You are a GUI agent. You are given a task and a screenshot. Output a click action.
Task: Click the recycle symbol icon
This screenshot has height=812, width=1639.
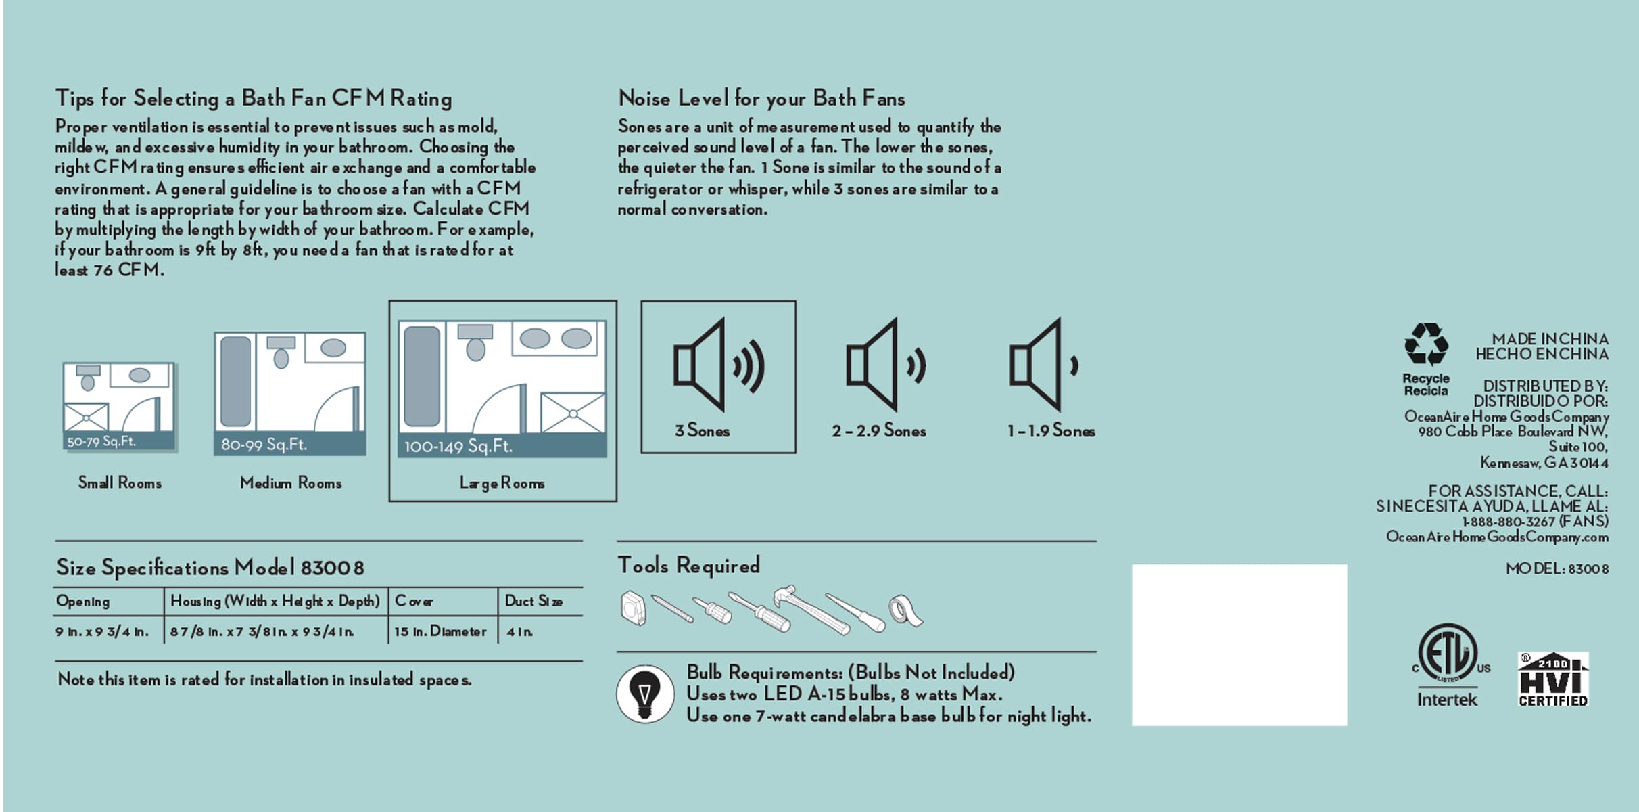[x=1426, y=344]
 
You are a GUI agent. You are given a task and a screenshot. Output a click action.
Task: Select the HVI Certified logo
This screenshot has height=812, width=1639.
[x=1553, y=679]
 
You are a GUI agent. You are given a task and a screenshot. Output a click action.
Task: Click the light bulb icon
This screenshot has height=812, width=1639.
[x=645, y=694]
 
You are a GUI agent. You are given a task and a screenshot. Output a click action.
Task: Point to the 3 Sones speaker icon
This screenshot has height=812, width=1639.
[x=718, y=365]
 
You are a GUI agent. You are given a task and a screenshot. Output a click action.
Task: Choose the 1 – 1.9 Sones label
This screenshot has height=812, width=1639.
[x=1051, y=430]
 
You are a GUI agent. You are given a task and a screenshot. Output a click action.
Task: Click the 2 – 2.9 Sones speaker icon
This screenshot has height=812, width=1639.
[x=886, y=365]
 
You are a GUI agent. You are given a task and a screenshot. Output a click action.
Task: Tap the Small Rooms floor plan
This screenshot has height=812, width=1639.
[x=120, y=407]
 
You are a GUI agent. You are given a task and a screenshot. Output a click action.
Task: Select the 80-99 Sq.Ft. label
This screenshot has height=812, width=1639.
[x=264, y=445]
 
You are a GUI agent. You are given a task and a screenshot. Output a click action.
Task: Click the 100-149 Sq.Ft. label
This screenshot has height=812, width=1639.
[x=458, y=447]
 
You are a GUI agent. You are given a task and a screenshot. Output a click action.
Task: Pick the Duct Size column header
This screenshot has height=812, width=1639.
[x=533, y=601]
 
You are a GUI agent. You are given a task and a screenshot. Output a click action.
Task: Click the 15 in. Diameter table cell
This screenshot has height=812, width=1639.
[x=440, y=631]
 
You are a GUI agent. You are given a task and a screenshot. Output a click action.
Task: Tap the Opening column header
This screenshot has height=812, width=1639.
[x=82, y=602]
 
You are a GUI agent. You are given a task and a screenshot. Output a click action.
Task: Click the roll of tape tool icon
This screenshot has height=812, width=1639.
[x=906, y=611]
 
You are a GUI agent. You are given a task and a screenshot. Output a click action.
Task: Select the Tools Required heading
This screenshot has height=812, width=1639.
[x=689, y=566]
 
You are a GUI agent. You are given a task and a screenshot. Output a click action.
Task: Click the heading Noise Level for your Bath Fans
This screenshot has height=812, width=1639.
[x=761, y=99]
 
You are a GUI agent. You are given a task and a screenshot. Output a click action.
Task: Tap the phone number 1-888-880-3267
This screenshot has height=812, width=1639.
[x=1509, y=522]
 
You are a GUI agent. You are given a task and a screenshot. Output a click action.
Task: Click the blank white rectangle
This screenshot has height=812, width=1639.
[x=1239, y=645]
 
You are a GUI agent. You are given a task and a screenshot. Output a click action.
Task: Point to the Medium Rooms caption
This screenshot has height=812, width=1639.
[x=291, y=482]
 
